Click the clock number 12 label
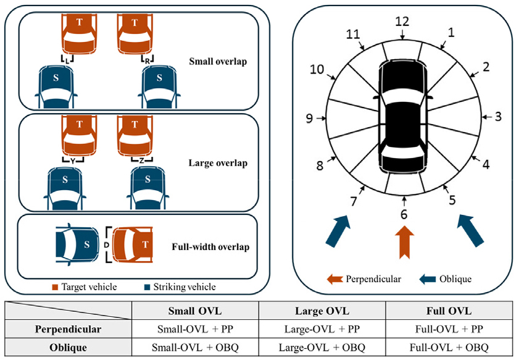click(x=402, y=22)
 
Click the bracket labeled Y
click(x=73, y=159)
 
